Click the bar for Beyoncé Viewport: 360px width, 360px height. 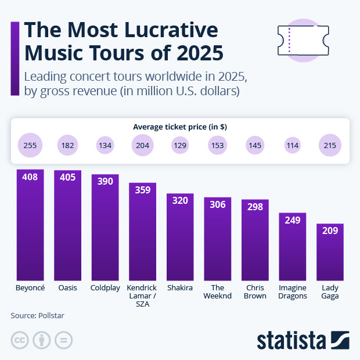tap(30, 226)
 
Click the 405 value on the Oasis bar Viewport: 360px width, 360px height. tap(67, 177)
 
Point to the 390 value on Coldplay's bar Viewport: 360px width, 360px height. tap(105, 181)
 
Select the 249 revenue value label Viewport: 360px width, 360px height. tap(292, 220)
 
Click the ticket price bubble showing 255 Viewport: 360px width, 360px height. tap(30, 145)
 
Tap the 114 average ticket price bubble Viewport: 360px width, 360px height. tap(293, 145)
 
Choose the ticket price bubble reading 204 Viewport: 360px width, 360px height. tap(142, 145)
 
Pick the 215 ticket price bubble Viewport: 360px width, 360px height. tap(330, 145)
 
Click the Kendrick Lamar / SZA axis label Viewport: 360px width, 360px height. tap(142, 296)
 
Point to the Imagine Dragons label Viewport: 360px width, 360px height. tap(292, 291)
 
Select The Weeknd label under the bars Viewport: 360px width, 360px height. tap(217, 291)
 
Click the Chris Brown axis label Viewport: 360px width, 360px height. tap(255, 291)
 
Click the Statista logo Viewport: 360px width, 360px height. tap(302, 340)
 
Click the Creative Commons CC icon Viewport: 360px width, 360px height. tap(20, 341)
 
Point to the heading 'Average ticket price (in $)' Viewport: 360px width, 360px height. tap(179, 127)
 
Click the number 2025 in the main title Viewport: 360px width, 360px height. tap(194, 53)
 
